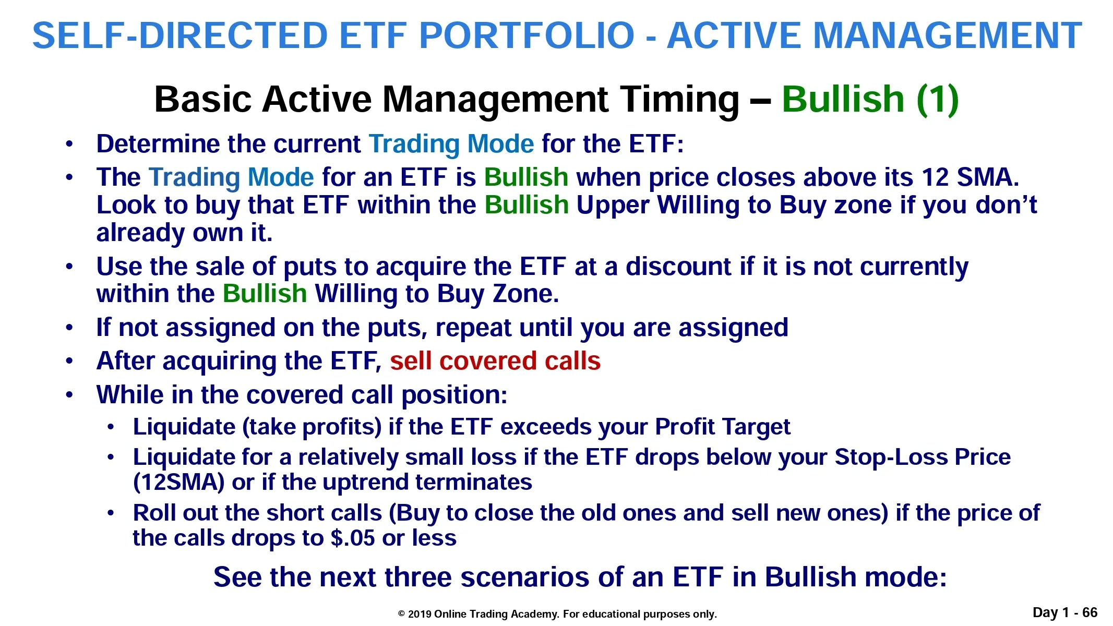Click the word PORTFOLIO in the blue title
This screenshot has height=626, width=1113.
coord(527,35)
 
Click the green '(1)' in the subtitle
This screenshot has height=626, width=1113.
coord(938,99)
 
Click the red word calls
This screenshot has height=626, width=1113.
coord(573,361)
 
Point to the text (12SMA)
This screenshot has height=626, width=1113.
coord(179,483)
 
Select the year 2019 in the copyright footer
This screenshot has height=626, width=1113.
coord(420,614)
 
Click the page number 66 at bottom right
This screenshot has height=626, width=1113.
coord(1090,612)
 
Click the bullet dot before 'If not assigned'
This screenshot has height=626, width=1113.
coord(69,328)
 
